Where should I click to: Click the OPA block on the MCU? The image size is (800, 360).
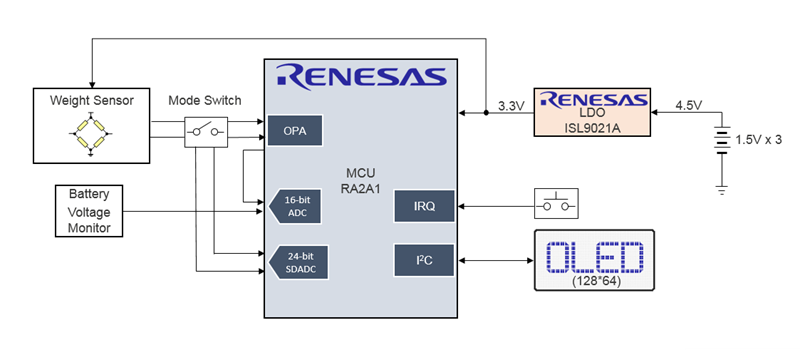(x=294, y=130)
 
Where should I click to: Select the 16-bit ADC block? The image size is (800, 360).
(x=293, y=205)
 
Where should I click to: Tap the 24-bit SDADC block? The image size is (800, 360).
(x=293, y=262)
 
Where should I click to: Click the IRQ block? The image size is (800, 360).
(x=424, y=205)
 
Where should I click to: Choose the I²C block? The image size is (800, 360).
(x=424, y=260)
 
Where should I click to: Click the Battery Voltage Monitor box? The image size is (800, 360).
(x=89, y=211)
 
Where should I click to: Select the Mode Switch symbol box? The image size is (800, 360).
(x=206, y=131)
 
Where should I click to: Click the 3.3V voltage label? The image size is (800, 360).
(x=512, y=105)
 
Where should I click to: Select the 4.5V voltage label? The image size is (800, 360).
(x=690, y=105)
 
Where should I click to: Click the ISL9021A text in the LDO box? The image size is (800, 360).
(x=594, y=126)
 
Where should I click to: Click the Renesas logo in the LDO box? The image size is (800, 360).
(x=594, y=100)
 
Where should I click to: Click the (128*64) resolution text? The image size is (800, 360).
(x=594, y=281)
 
